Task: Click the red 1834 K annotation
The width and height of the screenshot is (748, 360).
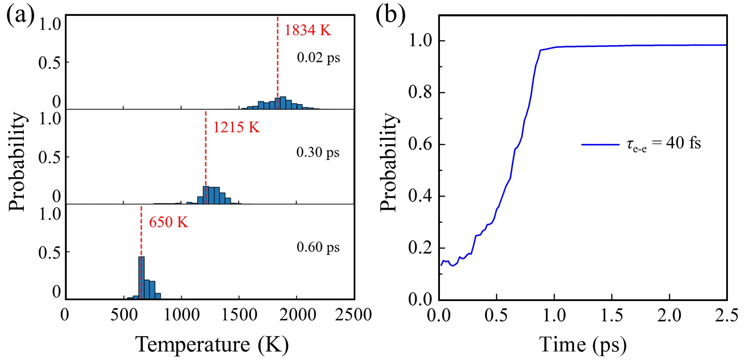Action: [308, 30]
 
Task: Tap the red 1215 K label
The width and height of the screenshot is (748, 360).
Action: [236, 127]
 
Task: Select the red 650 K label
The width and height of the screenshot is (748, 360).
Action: [169, 222]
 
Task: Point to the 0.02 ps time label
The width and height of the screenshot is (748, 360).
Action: [318, 57]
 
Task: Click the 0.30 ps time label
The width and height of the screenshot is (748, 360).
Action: [318, 152]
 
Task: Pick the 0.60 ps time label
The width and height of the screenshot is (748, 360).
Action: [318, 247]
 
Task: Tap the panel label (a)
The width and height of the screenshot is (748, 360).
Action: [20, 16]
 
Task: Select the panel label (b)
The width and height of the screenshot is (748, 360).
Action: [390, 16]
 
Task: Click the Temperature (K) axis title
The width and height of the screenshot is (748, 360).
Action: [212, 345]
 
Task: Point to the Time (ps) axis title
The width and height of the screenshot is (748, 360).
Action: [583, 345]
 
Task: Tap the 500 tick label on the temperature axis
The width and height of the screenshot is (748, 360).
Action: [123, 315]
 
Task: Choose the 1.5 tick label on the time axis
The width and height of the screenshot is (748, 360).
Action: [612, 315]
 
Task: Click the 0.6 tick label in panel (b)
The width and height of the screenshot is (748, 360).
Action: [420, 144]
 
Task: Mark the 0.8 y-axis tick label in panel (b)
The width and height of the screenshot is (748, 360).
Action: [420, 92]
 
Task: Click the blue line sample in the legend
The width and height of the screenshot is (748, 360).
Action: [600, 144]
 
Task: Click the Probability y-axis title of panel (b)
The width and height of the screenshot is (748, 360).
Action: [388, 162]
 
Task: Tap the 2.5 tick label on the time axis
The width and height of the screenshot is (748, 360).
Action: [727, 315]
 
